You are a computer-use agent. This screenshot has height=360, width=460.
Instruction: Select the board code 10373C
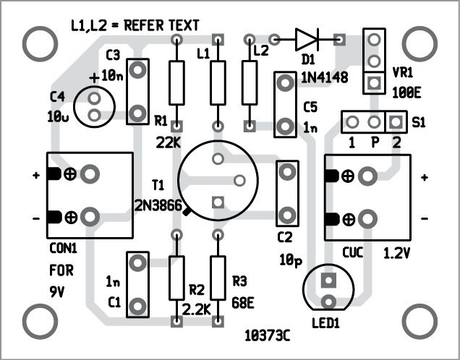click(x=268, y=335)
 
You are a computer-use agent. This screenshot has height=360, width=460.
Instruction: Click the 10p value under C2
click(x=289, y=258)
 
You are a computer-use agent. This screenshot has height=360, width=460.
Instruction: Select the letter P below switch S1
click(x=375, y=141)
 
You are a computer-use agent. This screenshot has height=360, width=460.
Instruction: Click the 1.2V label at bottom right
click(x=396, y=254)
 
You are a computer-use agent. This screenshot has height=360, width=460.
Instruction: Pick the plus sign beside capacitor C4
click(x=94, y=77)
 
